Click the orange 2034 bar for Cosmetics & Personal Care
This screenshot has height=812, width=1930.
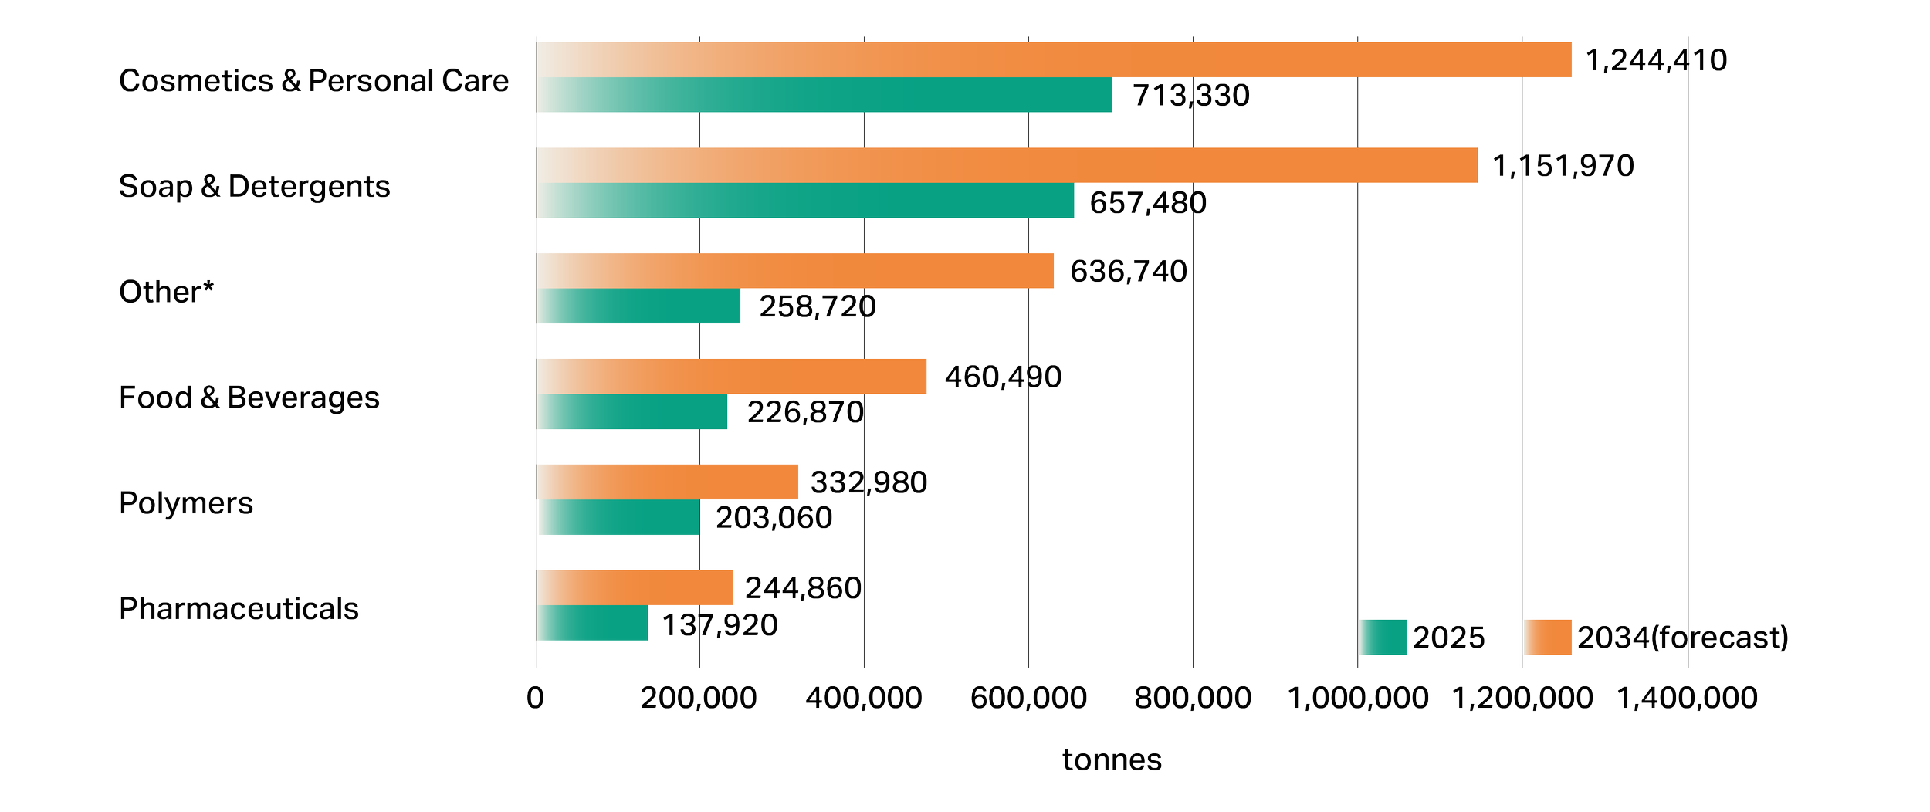tap(1054, 59)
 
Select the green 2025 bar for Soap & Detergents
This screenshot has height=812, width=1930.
tap(805, 200)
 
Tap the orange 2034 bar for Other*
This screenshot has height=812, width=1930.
tap(795, 271)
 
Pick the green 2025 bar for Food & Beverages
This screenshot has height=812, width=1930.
tap(631, 411)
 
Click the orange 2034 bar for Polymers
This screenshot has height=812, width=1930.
tap(667, 482)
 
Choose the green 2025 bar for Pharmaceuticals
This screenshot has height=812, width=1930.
tap(592, 623)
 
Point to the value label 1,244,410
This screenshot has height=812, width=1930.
tap(1656, 60)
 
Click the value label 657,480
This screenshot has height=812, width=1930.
tap(1148, 203)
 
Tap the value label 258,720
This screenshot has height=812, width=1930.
tap(818, 306)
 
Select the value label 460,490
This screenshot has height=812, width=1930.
tap(1004, 377)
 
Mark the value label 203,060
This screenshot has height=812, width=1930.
tap(774, 518)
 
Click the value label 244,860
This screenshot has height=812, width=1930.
tap(804, 588)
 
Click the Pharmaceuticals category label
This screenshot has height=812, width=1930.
tap(239, 609)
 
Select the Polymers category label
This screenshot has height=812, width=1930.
tap(186, 503)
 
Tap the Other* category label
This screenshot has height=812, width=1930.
tap(166, 292)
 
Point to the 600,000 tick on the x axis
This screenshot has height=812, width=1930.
tap(1028, 698)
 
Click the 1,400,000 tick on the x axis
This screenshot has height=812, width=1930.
tap(1687, 698)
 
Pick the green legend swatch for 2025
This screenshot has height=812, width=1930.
tap(1383, 638)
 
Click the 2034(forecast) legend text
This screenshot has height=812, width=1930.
tap(1683, 638)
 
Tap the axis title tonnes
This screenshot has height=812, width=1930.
tap(1112, 760)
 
